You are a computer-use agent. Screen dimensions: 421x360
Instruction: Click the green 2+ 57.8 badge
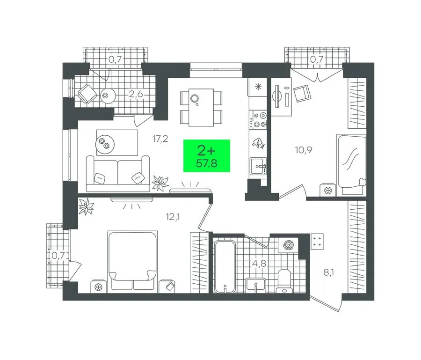coord(206,155)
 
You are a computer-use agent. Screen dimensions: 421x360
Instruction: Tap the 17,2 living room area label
coord(160,139)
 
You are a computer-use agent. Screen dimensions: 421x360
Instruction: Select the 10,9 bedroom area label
coord(304,150)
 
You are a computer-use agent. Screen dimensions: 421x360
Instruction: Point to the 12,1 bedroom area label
coord(173,217)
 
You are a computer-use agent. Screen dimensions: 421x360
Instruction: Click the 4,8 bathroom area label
coord(259,263)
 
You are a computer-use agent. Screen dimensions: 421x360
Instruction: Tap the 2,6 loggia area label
coord(135,95)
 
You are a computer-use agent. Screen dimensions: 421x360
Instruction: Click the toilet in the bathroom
coord(284,281)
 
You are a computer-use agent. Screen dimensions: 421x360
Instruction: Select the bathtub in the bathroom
coord(225,266)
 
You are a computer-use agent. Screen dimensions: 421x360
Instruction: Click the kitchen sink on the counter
coord(258,167)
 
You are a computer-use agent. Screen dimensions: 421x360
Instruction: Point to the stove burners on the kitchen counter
coord(258,120)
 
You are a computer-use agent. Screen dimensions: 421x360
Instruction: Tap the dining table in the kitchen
coord(201,107)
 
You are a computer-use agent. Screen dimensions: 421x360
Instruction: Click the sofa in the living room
coord(118,174)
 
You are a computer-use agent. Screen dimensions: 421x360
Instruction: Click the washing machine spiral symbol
coord(288,245)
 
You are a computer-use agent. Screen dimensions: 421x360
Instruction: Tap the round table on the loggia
coord(109,96)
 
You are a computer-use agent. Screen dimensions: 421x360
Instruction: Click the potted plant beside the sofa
coord(160,183)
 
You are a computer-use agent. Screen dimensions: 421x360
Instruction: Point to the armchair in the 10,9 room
coord(302,93)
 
